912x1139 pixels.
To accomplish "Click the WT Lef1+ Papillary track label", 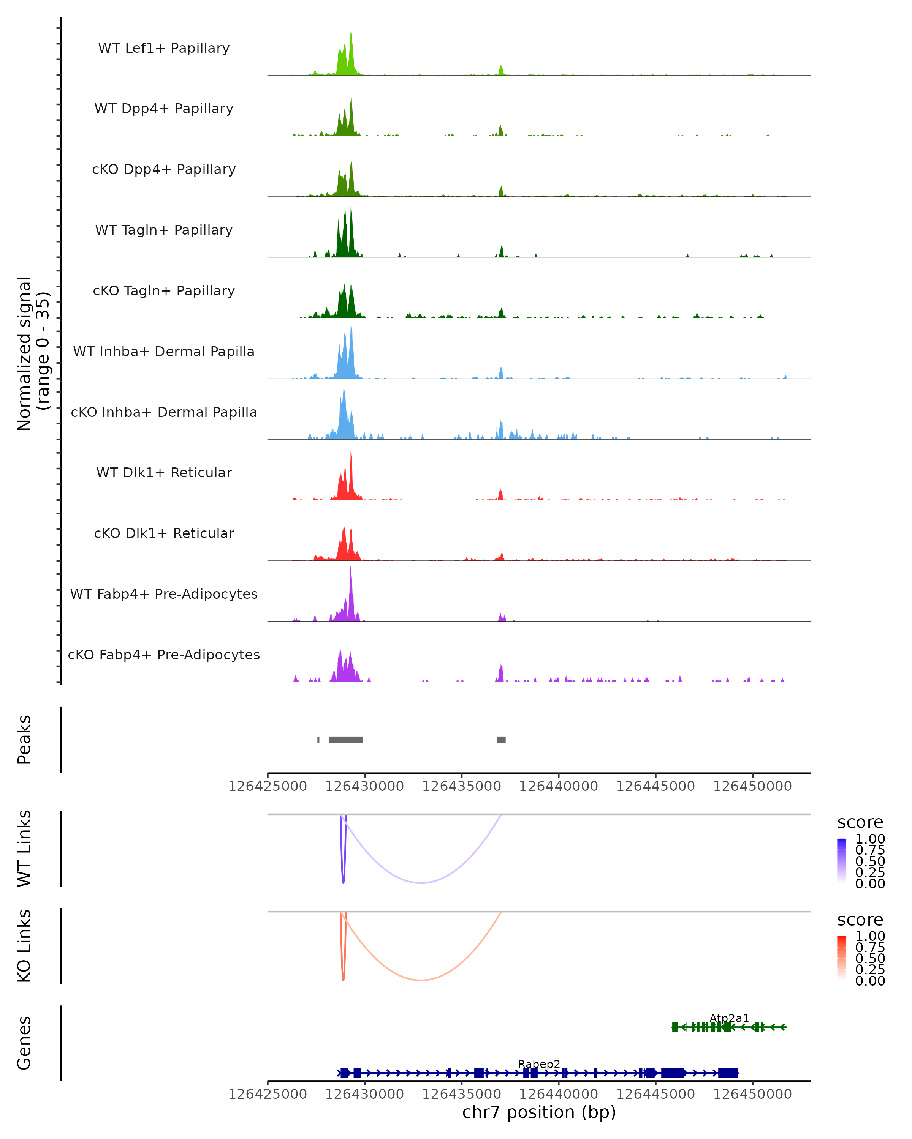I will (x=164, y=48).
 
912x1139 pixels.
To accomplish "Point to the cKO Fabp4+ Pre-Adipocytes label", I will (x=164, y=655).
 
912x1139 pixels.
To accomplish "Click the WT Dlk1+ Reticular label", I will (x=164, y=472).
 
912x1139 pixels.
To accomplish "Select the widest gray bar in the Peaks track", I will (x=346, y=740).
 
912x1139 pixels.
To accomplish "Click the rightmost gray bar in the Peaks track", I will (x=501, y=740).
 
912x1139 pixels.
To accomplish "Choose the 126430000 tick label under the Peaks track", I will (x=364, y=786).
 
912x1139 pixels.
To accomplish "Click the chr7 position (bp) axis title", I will (x=539, y=1112).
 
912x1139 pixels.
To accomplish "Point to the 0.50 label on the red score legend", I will (x=870, y=958).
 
